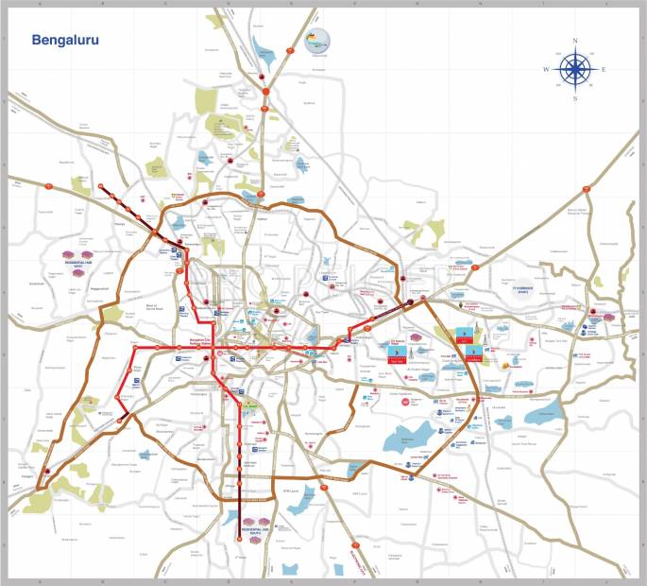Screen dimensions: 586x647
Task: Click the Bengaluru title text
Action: tap(65, 41)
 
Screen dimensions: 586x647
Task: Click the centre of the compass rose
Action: tap(575, 69)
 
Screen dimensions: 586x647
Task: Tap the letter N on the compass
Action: tap(575, 40)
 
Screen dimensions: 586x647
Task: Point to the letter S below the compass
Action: tap(575, 98)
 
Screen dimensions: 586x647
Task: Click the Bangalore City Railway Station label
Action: tap(198, 341)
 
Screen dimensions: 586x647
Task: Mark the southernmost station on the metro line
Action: tap(240, 540)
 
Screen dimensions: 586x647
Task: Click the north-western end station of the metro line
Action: tap(101, 184)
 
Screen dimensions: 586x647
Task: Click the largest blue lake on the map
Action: tap(408, 437)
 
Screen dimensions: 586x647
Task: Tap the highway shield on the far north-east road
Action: tap(586, 188)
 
